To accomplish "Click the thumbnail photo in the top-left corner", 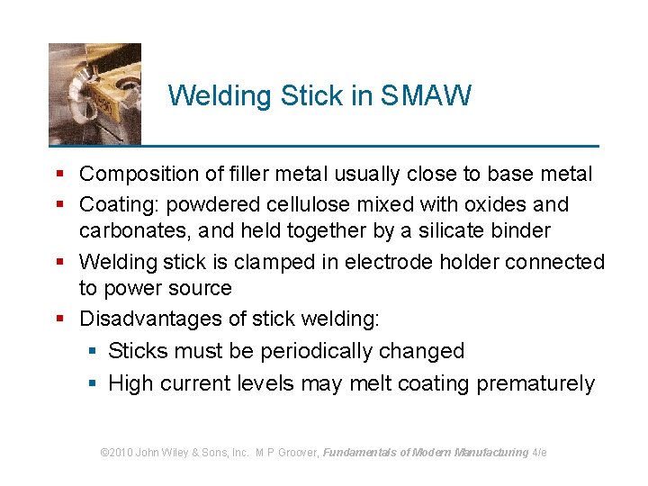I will [x=94, y=94].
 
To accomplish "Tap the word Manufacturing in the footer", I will [x=491, y=453].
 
